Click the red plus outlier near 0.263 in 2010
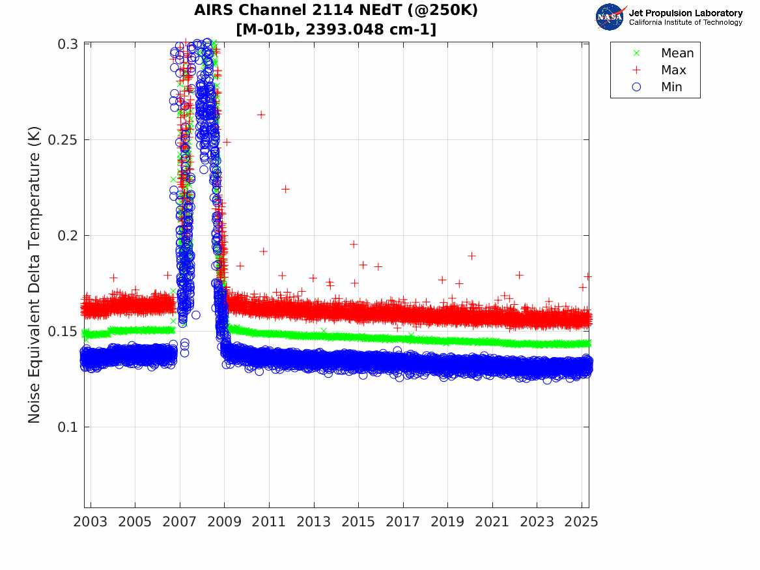point(261,115)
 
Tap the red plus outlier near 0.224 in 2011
point(285,189)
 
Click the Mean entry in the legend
point(677,53)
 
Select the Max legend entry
point(673,70)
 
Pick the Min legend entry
point(671,87)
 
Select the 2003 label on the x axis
point(91,522)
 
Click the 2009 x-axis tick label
point(225,522)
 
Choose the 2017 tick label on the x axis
point(403,522)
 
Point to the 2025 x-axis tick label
point(582,522)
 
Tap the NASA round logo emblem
point(610,17)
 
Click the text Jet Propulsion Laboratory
point(685,13)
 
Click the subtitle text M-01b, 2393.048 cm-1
point(336,29)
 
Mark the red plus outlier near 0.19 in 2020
point(471,256)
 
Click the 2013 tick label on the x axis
point(314,522)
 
